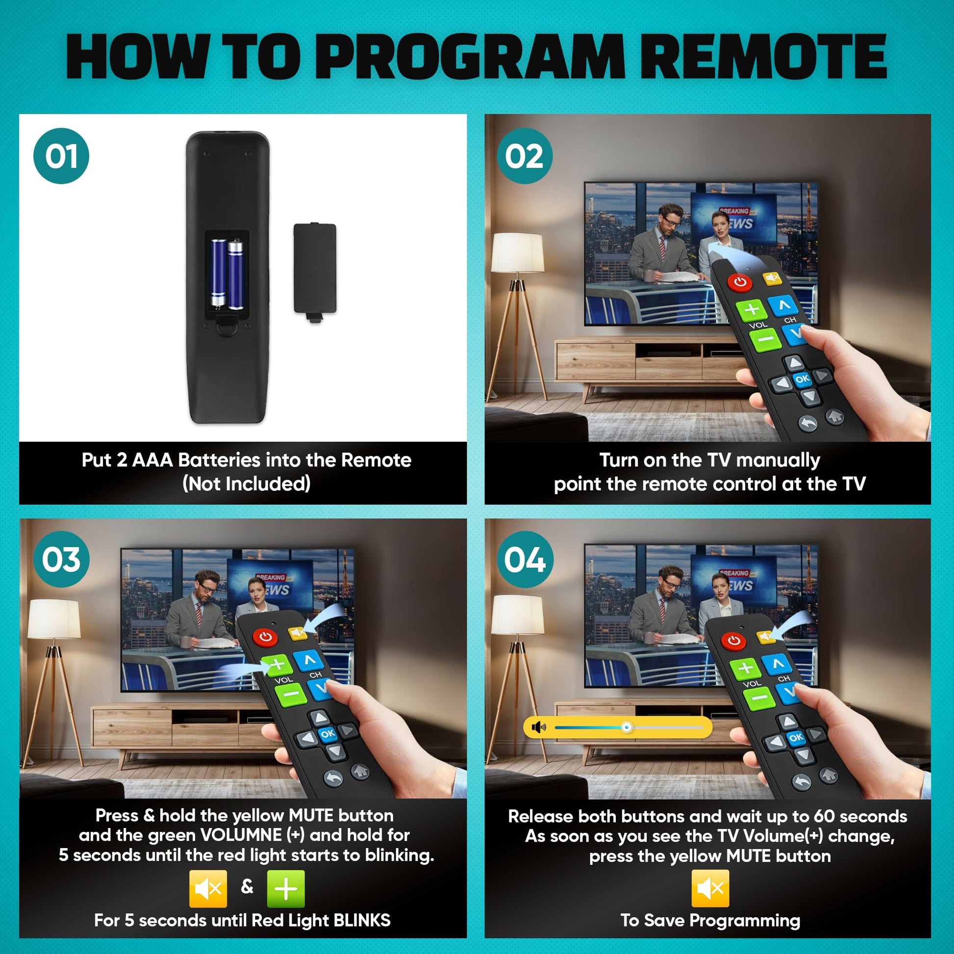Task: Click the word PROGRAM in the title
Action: [474, 56]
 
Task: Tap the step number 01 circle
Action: [61, 156]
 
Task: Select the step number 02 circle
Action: [525, 156]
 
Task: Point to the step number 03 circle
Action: [61, 559]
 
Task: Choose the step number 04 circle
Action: [525, 559]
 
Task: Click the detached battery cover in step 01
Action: [315, 273]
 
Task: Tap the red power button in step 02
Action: [739, 282]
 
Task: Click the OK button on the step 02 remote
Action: [802, 379]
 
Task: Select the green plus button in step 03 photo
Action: [277, 665]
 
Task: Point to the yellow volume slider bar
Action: [618, 728]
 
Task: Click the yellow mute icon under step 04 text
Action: [710, 888]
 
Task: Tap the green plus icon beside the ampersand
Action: [285, 888]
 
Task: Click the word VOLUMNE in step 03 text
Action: [241, 835]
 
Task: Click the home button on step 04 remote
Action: [828, 774]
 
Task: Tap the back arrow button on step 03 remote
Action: [333, 778]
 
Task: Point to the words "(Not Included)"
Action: [247, 483]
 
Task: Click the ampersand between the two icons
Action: [247, 886]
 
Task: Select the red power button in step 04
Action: [734, 640]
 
